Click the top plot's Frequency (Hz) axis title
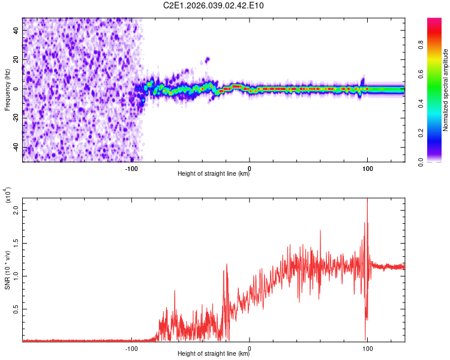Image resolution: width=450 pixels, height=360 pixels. pyautogui.click(x=7, y=90)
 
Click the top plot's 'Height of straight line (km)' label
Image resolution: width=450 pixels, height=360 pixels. pyautogui.click(x=214, y=173)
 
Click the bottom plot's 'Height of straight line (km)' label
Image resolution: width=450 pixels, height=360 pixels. pyautogui.click(x=214, y=353)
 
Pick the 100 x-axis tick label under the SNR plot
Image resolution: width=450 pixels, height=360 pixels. pyautogui.click(x=367, y=348)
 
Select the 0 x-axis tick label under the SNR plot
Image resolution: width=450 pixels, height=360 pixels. pyautogui.click(x=249, y=348)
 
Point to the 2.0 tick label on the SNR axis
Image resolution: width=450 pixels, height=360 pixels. pyautogui.click(x=16, y=211)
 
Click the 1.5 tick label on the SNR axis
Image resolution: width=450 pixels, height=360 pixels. pyautogui.click(x=16, y=244)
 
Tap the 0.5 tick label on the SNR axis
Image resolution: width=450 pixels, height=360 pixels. pyautogui.click(x=16, y=309)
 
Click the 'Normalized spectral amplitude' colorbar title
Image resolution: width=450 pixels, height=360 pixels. pyautogui.click(x=445, y=90)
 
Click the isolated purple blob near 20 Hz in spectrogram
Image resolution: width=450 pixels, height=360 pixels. pyautogui.click(x=207, y=59)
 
